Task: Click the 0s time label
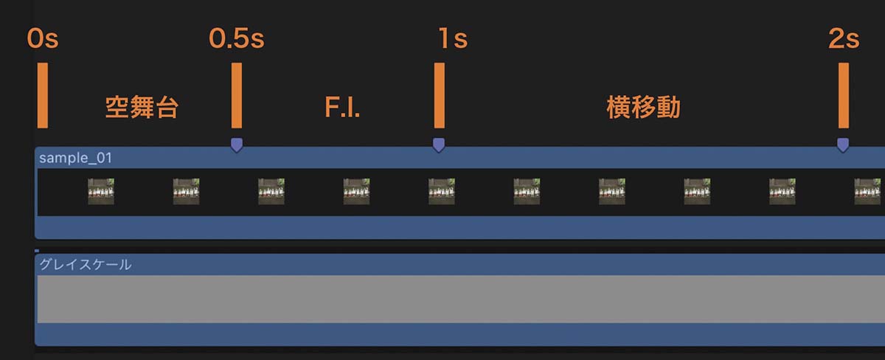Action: coord(43,38)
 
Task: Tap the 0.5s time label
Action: coord(237,38)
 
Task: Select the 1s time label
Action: coord(453,38)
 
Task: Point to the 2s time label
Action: coord(844,38)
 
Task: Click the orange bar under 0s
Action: coord(43,95)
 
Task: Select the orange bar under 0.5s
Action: coord(237,95)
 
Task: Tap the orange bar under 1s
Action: coord(440,95)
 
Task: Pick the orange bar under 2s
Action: coord(844,95)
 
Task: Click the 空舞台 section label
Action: coord(142,107)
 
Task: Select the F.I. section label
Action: coord(342,108)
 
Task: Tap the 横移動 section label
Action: coord(644,107)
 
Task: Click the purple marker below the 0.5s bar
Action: coord(237,145)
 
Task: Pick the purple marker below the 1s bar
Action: coord(439,145)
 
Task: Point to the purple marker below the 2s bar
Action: coord(843,145)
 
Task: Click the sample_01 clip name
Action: coord(75,158)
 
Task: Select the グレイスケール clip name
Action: coord(86,264)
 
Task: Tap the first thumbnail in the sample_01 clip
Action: coord(101,192)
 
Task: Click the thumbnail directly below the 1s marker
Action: coord(442,192)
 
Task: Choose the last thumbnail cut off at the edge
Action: coord(870,192)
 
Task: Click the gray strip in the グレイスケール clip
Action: coord(461,300)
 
